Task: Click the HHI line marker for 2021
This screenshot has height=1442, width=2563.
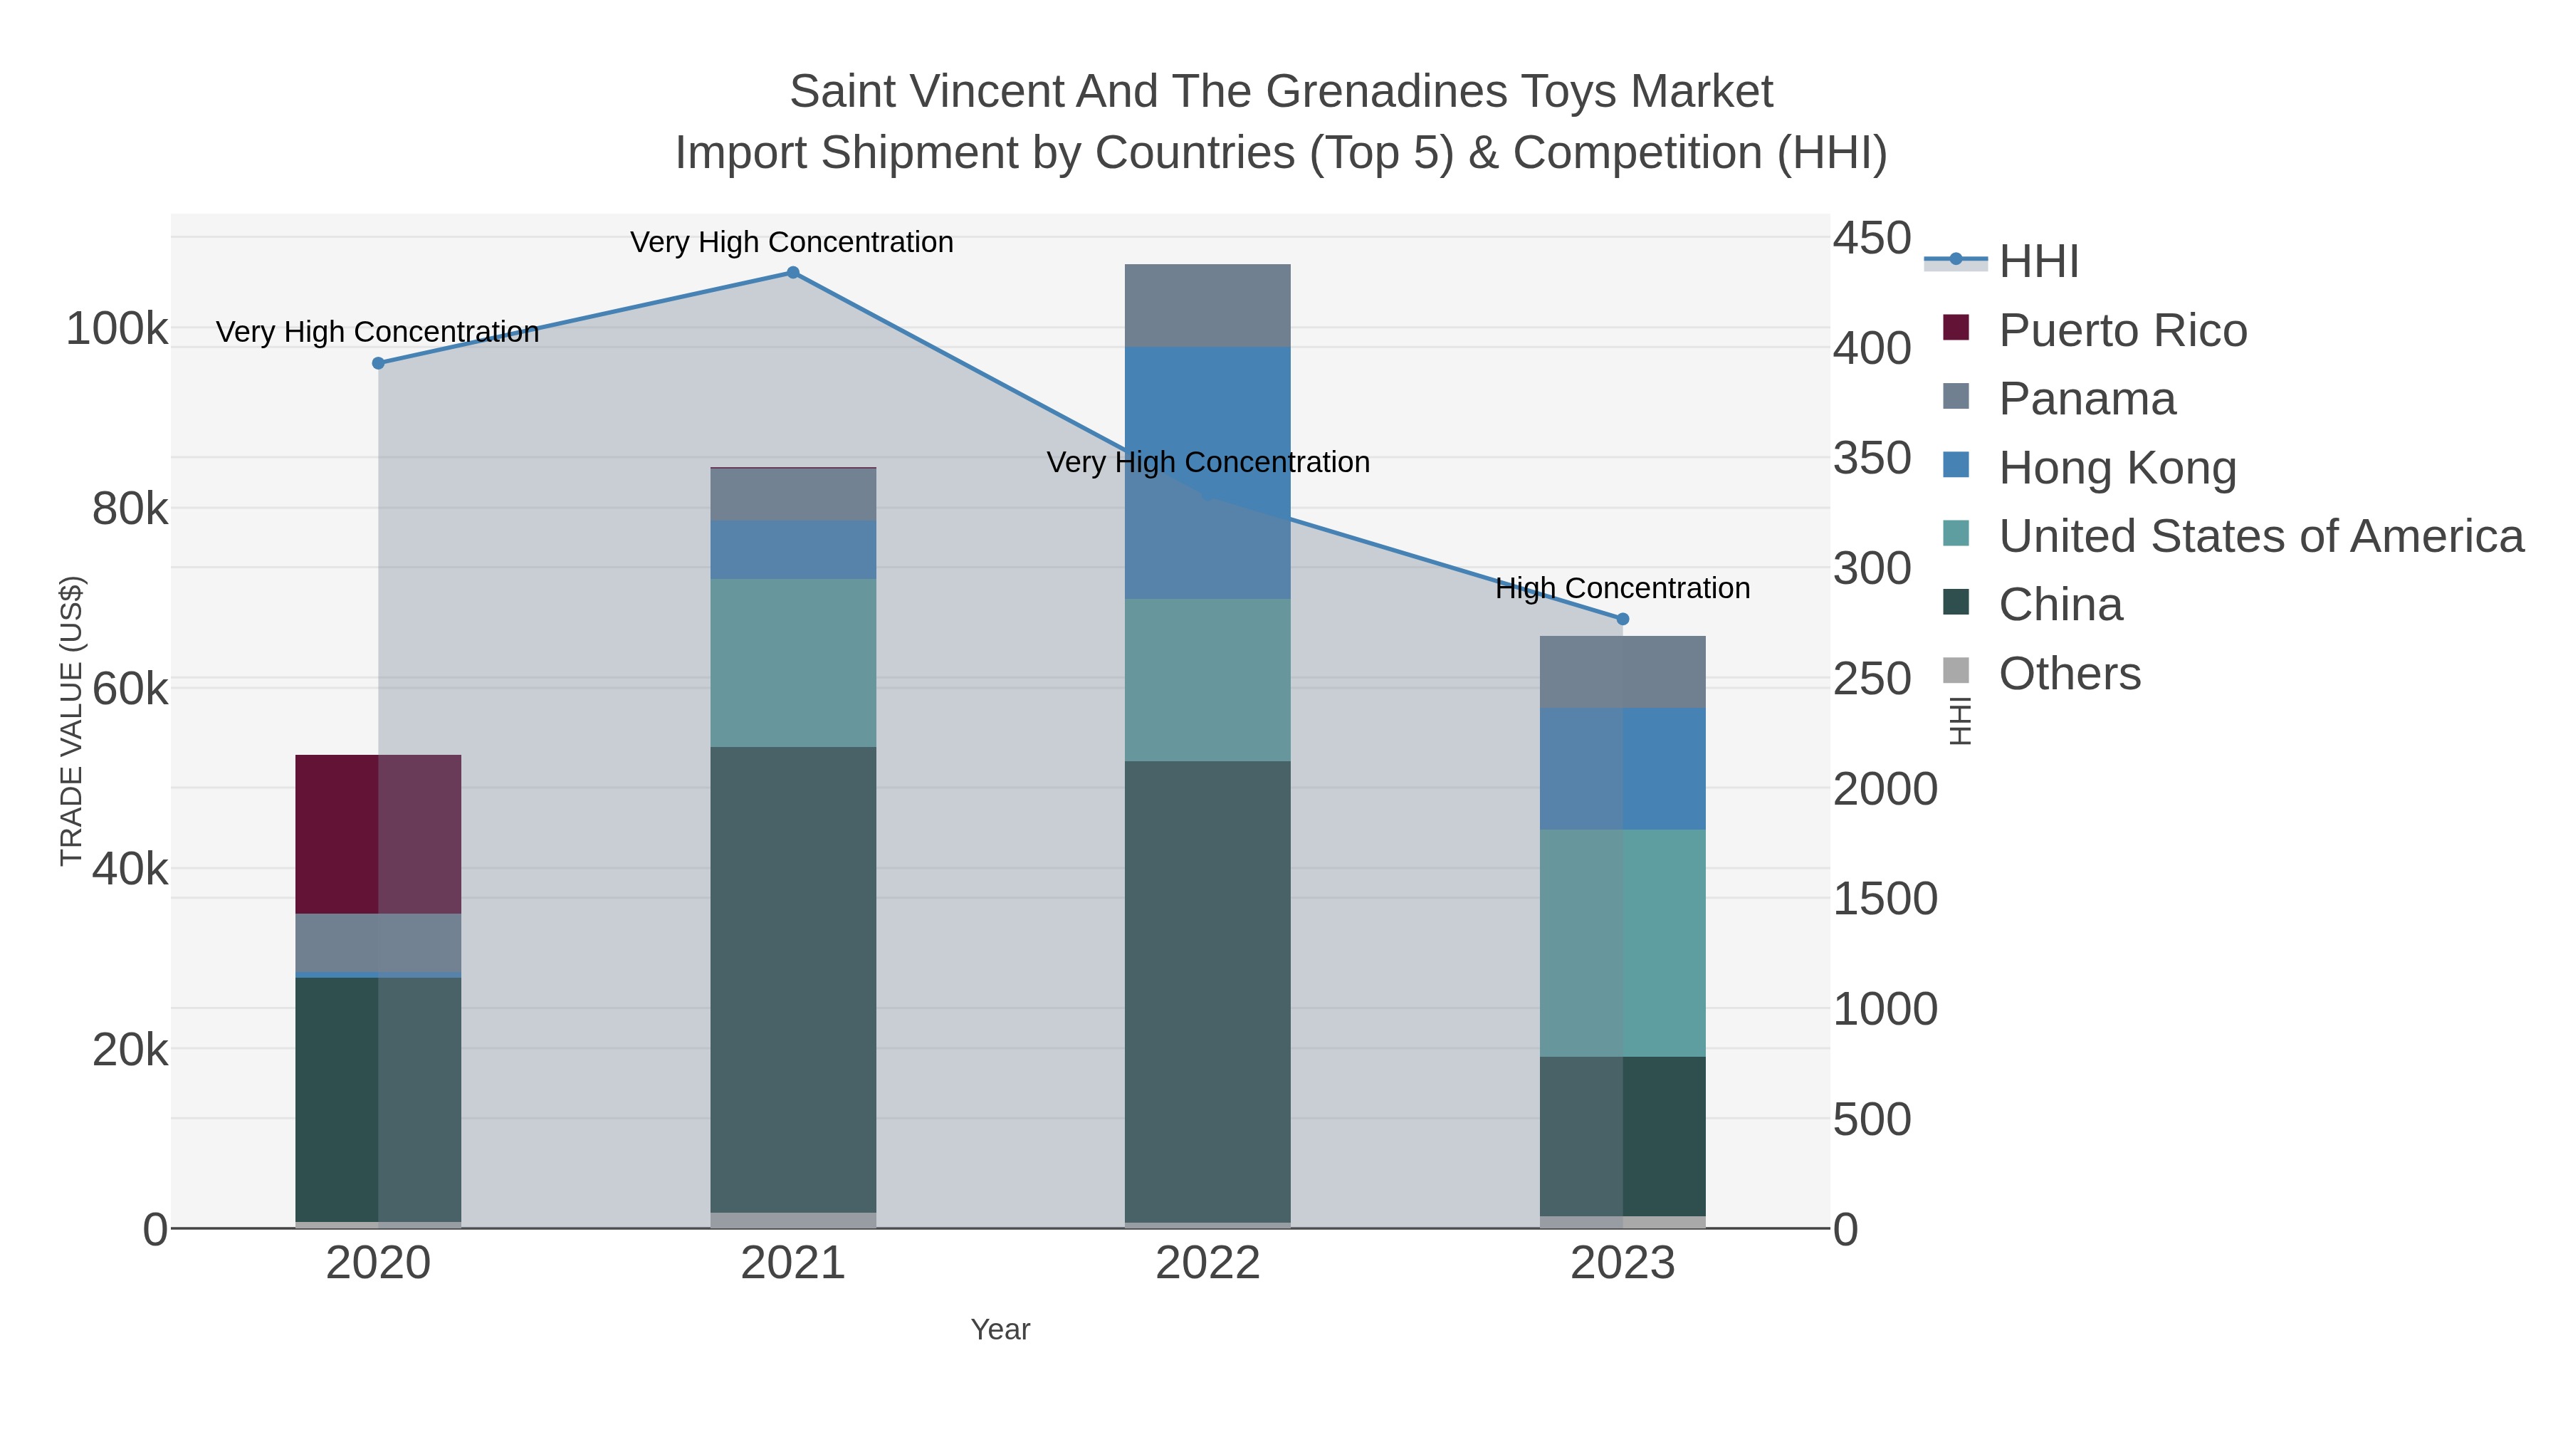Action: point(793,273)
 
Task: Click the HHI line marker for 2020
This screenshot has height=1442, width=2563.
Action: point(378,363)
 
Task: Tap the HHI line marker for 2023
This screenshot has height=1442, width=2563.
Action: point(1623,619)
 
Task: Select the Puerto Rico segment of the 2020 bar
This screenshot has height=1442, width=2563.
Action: point(378,834)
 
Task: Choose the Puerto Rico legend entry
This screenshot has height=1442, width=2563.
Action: point(2122,330)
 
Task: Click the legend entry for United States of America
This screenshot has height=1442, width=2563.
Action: point(2260,536)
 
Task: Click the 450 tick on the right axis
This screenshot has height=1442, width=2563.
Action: point(1872,239)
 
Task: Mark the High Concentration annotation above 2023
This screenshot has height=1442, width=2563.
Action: point(1623,588)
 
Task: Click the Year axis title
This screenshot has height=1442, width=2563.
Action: point(1000,1329)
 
